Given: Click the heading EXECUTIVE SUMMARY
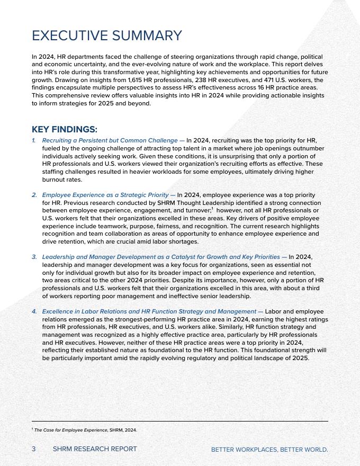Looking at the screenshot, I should click(x=106, y=35).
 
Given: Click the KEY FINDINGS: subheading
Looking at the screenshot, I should click(x=64, y=129).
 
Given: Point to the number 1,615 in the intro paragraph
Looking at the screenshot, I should click(x=136, y=80).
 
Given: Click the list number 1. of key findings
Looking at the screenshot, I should click(x=34, y=140).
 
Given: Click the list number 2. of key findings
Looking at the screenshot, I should click(x=34, y=195).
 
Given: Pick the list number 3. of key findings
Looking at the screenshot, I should click(x=34, y=257).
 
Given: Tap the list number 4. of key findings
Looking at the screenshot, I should click(x=34, y=311).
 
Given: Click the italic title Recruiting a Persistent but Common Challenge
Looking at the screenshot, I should click(x=110, y=140).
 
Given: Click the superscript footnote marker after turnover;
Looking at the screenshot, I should click(x=212, y=209).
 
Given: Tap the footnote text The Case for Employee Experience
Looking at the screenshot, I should click(x=70, y=430).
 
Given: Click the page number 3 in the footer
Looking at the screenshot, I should click(x=34, y=449).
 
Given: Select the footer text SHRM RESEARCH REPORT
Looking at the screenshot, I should click(x=95, y=449).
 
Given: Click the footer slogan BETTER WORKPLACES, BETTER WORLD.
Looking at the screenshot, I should click(x=269, y=450).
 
